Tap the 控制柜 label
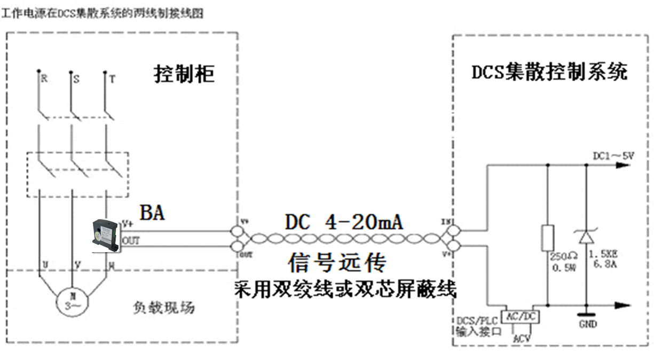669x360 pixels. tap(184, 74)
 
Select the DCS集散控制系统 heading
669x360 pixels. tap(549, 72)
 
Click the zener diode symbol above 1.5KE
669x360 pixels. tap(586, 236)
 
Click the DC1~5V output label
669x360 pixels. tap(613, 155)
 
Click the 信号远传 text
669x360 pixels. tap(336, 262)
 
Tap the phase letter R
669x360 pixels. tap(44, 79)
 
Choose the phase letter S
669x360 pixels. tap(76, 79)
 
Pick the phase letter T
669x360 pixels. tap(112, 79)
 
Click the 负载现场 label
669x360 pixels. tap(163, 308)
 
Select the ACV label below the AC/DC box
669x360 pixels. tap(521, 338)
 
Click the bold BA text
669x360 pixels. tap(152, 213)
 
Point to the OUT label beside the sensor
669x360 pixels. tap(131, 241)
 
